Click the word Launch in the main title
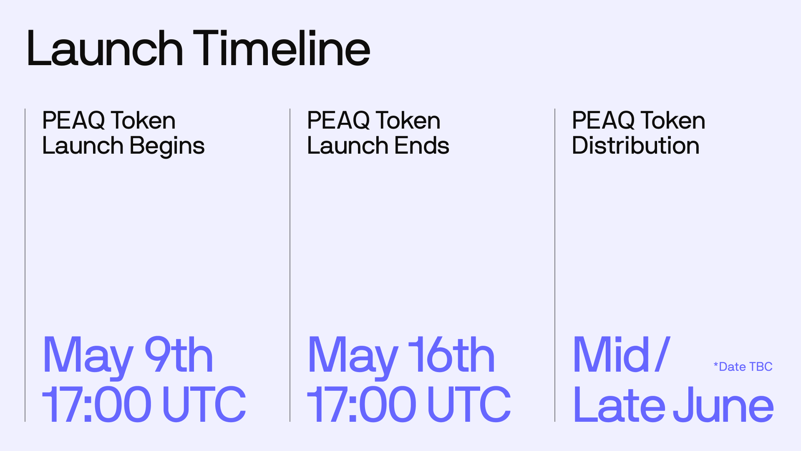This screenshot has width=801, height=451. coord(105,48)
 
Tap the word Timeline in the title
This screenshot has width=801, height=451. coord(282,48)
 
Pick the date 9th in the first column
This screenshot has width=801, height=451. coord(179,355)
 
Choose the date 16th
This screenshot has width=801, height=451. coord(451,355)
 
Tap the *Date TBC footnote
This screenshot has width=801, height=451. coord(743,367)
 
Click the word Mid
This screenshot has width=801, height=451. coord(611,355)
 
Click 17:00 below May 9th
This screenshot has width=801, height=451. coord(96,404)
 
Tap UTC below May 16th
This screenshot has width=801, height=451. coord(469,404)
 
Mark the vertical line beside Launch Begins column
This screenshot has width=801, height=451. coord(25,265)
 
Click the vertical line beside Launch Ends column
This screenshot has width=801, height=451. coord(290,265)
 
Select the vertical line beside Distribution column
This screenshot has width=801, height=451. coord(555,265)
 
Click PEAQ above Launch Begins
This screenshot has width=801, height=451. coord(73,121)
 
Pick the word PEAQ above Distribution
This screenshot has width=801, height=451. coord(603,121)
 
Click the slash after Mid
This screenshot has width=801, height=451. coord(662,355)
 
